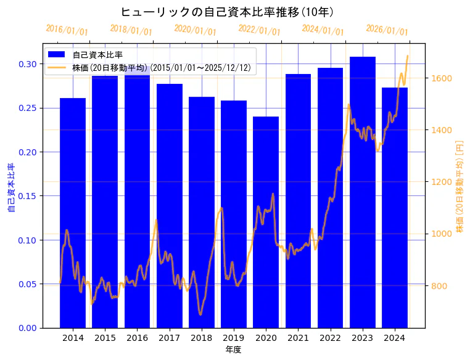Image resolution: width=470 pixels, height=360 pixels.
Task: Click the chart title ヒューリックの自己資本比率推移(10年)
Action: pos(228,12)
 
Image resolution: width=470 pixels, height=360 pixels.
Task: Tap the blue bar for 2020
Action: pos(266,222)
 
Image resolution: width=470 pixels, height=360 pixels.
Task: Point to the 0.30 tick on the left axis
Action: pos(27,64)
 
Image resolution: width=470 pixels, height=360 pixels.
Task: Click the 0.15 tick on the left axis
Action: pos(27,196)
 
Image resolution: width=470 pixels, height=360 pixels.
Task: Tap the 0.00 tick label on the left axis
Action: pos(27,328)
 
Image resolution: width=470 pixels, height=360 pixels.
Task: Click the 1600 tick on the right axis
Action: pos(442,78)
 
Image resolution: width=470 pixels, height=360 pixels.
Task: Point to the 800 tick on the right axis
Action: pos(439,286)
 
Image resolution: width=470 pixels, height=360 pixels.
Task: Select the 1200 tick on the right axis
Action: pos(442,182)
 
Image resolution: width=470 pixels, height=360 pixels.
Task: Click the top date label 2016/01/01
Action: pos(67,30)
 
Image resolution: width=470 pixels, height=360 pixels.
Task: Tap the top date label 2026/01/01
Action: pos(387,30)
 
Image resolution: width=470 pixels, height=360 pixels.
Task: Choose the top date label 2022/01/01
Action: pos(259,30)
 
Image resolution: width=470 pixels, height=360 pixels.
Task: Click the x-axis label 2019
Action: pos(234,338)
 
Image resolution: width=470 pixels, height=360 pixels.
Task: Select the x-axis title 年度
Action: pos(234,350)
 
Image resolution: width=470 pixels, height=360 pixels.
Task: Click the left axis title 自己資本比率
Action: pos(10,187)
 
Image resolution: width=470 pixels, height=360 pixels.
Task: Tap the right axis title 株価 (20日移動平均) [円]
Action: pos(460,186)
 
